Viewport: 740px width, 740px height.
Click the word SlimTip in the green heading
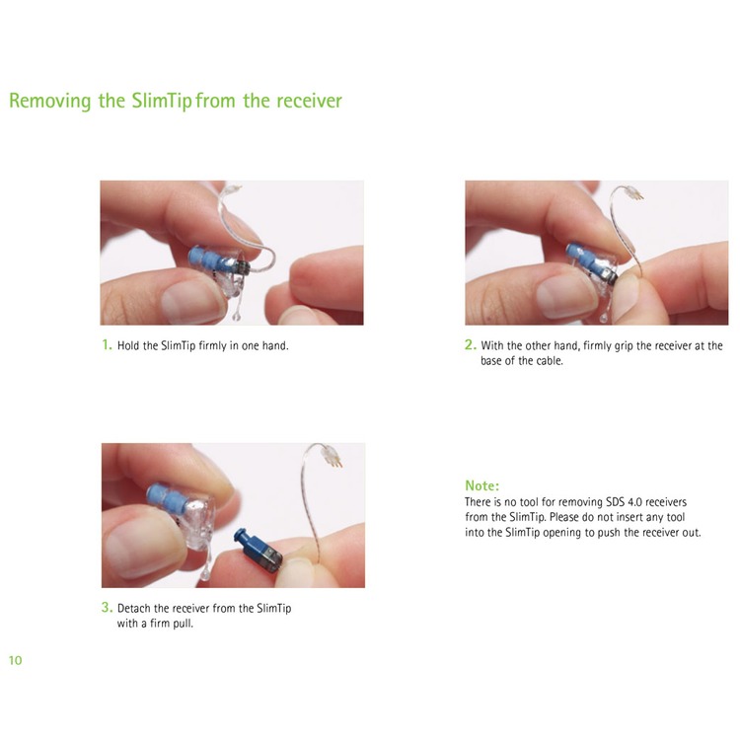pyautogui.click(x=162, y=101)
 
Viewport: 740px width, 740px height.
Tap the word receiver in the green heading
pyautogui.click(x=309, y=101)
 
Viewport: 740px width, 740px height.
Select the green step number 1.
pyautogui.click(x=108, y=344)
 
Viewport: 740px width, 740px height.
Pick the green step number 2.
pyautogui.click(x=470, y=344)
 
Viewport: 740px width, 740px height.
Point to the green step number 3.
pyautogui.click(x=107, y=607)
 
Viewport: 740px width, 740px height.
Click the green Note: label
pyautogui.click(x=481, y=485)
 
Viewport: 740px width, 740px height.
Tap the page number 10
pyautogui.click(x=15, y=660)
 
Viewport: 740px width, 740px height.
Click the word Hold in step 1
pyautogui.click(x=128, y=345)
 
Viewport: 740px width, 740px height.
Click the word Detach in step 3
pyautogui.click(x=133, y=608)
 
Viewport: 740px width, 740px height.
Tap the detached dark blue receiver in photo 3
pyautogui.click(x=259, y=551)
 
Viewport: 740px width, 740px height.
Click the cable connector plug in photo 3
pyautogui.click(x=332, y=456)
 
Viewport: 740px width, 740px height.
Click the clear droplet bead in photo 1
pyautogui.click(x=237, y=316)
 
